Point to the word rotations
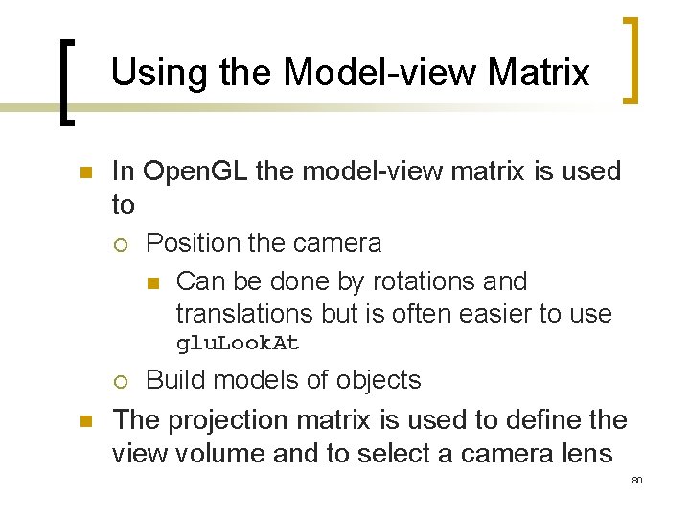424,281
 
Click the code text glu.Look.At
238,344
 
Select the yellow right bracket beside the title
632,59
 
